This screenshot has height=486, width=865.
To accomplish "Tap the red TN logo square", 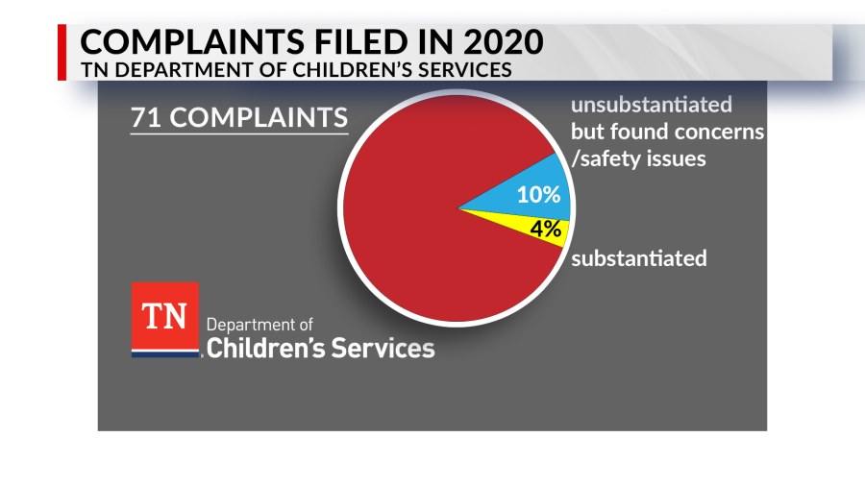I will [x=164, y=317].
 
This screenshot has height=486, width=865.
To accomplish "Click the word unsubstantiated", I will [x=652, y=104].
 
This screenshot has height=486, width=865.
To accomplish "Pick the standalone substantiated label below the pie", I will [x=639, y=258].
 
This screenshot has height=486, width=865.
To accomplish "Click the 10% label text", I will [x=538, y=195].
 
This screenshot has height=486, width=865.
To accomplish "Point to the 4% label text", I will [x=544, y=229].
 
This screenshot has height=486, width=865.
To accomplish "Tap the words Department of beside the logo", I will [x=259, y=325].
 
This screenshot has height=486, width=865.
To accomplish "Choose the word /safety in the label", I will [x=605, y=158].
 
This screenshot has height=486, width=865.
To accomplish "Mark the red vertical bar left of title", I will [x=63, y=53].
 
